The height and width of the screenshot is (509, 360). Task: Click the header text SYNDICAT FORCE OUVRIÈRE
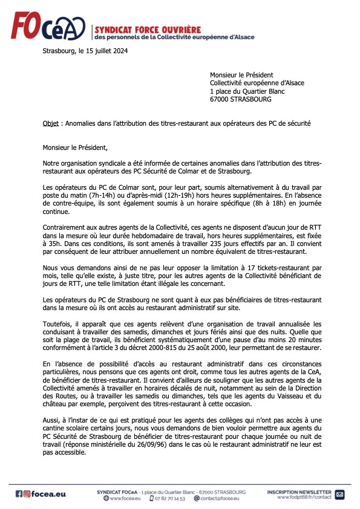point(148,29)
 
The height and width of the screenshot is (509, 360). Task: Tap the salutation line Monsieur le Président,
point(79,146)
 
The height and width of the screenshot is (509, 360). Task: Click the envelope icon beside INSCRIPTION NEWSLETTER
point(339,494)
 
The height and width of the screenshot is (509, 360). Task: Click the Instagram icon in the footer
point(27,494)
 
